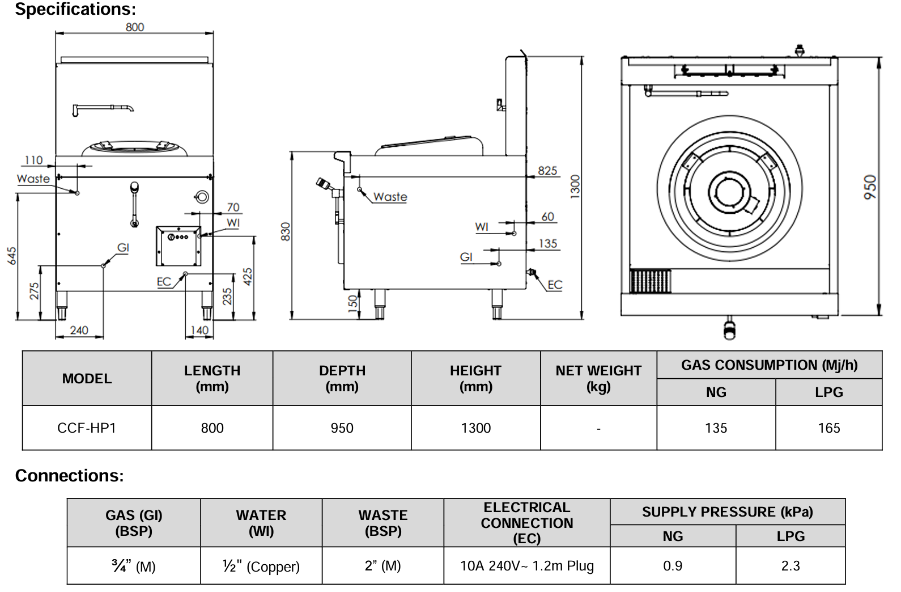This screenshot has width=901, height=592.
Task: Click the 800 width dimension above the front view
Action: pyautogui.click(x=134, y=27)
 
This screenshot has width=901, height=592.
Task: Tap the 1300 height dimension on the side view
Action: pyautogui.click(x=575, y=187)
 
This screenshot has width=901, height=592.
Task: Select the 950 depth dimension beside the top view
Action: pyautogui.click(x=870, y=187)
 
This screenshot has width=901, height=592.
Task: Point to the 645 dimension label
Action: pyautogui.click(x=12, y=256)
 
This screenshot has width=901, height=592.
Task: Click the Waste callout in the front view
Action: pyautogui.click(x=33, y=179)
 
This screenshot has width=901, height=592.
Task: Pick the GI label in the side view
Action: pyautogui.click(x=466, y=257)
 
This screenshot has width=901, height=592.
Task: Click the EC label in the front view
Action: pyautogui.click(x=164, y=282)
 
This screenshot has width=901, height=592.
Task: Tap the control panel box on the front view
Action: pyautogui.click(x=178, y=246)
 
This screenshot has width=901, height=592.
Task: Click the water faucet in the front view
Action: pyautogui.click(x=103, y=108)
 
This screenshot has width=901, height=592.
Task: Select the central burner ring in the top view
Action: pyautogui.click(x=729, y=192)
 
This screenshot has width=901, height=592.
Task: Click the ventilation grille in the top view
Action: pyautogui.click(x=650, y=281)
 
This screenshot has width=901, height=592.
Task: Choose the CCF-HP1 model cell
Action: pyautogui.click(x=87, y=428)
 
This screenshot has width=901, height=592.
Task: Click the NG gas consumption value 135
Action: pyautogui.click(x=716, y=428)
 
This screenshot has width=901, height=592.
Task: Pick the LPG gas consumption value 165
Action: pyautogui.click(x=828, y=428)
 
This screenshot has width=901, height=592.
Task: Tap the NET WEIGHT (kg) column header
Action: pyautogui.click(x=598, y=378)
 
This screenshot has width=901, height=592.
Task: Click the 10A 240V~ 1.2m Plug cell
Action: pyautogui.click(x=526, y=566)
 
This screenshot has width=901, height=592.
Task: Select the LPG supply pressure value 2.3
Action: pyautogui.click(x=790, y=566)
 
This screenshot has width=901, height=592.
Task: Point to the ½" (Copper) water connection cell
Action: pyautogui.click(x=261, y=566)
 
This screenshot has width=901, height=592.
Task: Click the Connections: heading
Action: pyautogui.click(x=69, y=475)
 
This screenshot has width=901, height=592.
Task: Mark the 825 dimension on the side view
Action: pyautogui.click(x=547, y=171)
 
